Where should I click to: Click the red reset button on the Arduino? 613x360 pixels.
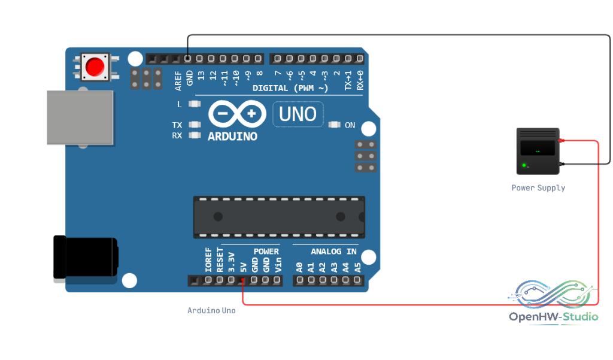click(95, 66)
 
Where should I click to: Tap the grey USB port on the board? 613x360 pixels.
click(80, 118)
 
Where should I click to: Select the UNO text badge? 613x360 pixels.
click(298, 114)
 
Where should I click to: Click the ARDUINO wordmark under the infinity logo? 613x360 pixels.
click(233, 137)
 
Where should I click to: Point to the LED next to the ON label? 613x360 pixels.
click(334, 125)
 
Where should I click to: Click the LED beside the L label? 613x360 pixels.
click(195, 104)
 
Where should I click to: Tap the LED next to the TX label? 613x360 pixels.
click(195, 125)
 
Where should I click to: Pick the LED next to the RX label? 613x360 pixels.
click(195, 135)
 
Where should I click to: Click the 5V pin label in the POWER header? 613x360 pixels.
click(244, 267)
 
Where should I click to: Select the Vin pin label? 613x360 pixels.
click(278, 265)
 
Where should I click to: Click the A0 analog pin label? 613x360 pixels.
click(299, 268)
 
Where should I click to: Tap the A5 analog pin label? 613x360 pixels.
click(358, 268)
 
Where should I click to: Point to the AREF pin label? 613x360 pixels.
click(178, 81)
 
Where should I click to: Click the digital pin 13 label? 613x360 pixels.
click(201, 75)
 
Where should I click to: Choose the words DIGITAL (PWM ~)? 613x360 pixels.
click(290, 88)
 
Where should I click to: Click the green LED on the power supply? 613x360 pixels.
click(524, 165)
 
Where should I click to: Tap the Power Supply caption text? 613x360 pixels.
click(538, 188)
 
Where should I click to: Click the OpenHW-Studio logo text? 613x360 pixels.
click(554, 316)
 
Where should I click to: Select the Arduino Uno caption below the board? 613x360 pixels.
click(211, 311)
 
